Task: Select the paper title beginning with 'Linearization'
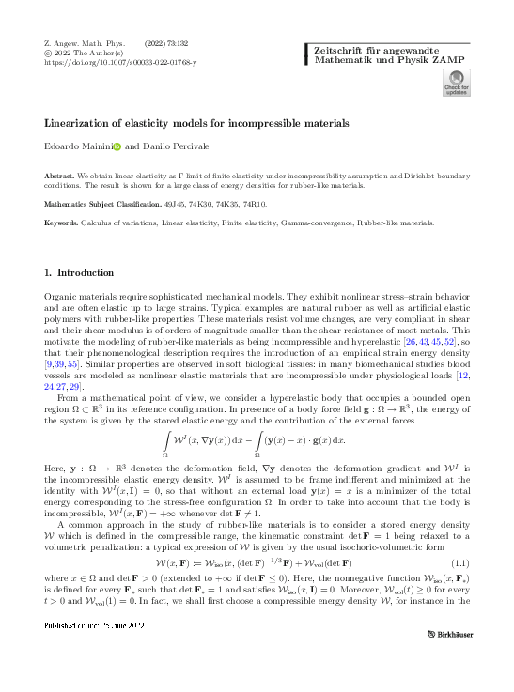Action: [x=196, y=123]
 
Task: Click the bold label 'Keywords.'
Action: [x=62, y=223]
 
